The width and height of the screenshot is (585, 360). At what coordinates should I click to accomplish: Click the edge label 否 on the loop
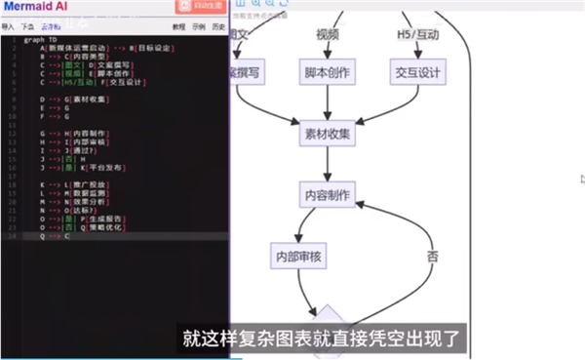[433, 256]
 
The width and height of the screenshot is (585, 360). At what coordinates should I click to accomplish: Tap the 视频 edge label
[327, 35]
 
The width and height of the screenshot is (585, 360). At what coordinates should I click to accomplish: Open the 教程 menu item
[178, 27]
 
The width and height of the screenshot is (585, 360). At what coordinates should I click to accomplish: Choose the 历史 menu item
[218, 27]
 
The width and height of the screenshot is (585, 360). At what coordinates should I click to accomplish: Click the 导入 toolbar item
[9, 27]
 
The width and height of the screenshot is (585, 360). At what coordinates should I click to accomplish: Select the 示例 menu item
[199, 27]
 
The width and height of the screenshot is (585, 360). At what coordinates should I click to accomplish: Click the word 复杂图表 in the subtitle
[277, 340]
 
